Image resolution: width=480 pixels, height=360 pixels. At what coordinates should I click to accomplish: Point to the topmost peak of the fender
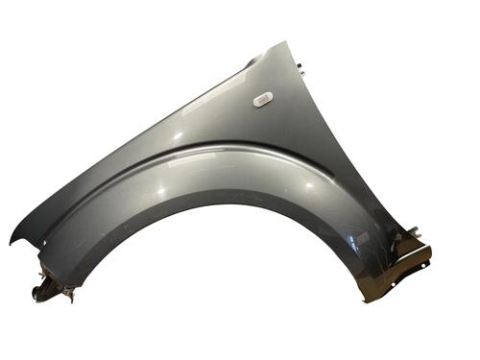click(284, 42)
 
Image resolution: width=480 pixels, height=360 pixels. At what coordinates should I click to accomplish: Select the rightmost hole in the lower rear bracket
click(423, 256)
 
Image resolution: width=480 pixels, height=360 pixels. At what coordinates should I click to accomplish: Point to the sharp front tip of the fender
click(12, 243)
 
